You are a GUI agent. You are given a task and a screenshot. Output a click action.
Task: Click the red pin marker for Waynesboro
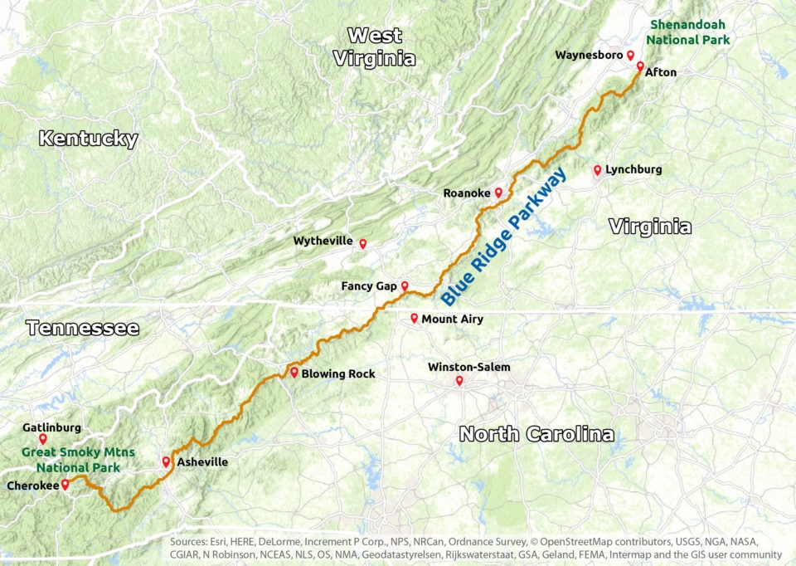pos(630,56)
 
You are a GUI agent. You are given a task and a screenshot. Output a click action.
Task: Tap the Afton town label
pos(660,72)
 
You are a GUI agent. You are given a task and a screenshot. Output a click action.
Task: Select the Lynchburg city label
pos(633,169)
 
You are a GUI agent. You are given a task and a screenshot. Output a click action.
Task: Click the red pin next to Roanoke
pos(498,193)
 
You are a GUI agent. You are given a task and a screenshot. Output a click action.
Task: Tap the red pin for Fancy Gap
pos(405,286)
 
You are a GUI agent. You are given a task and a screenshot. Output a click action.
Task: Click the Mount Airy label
pos(452,319)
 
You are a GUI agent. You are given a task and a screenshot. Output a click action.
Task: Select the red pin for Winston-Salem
pos(459,382)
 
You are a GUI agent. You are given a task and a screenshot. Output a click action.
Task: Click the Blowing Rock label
pos(338,373)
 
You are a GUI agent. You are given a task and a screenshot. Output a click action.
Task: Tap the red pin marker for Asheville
pos(166,461)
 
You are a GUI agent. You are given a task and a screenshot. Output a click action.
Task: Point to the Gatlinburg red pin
pos(42,438)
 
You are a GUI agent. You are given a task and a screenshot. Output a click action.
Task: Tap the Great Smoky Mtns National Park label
pos(70,460)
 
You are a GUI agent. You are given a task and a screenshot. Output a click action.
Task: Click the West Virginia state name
pos(375,46)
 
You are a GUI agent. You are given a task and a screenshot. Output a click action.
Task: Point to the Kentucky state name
pos(88,139)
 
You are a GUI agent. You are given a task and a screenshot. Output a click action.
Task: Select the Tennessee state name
pos(82,328)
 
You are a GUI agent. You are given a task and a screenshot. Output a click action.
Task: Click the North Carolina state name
pos(536,433)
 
